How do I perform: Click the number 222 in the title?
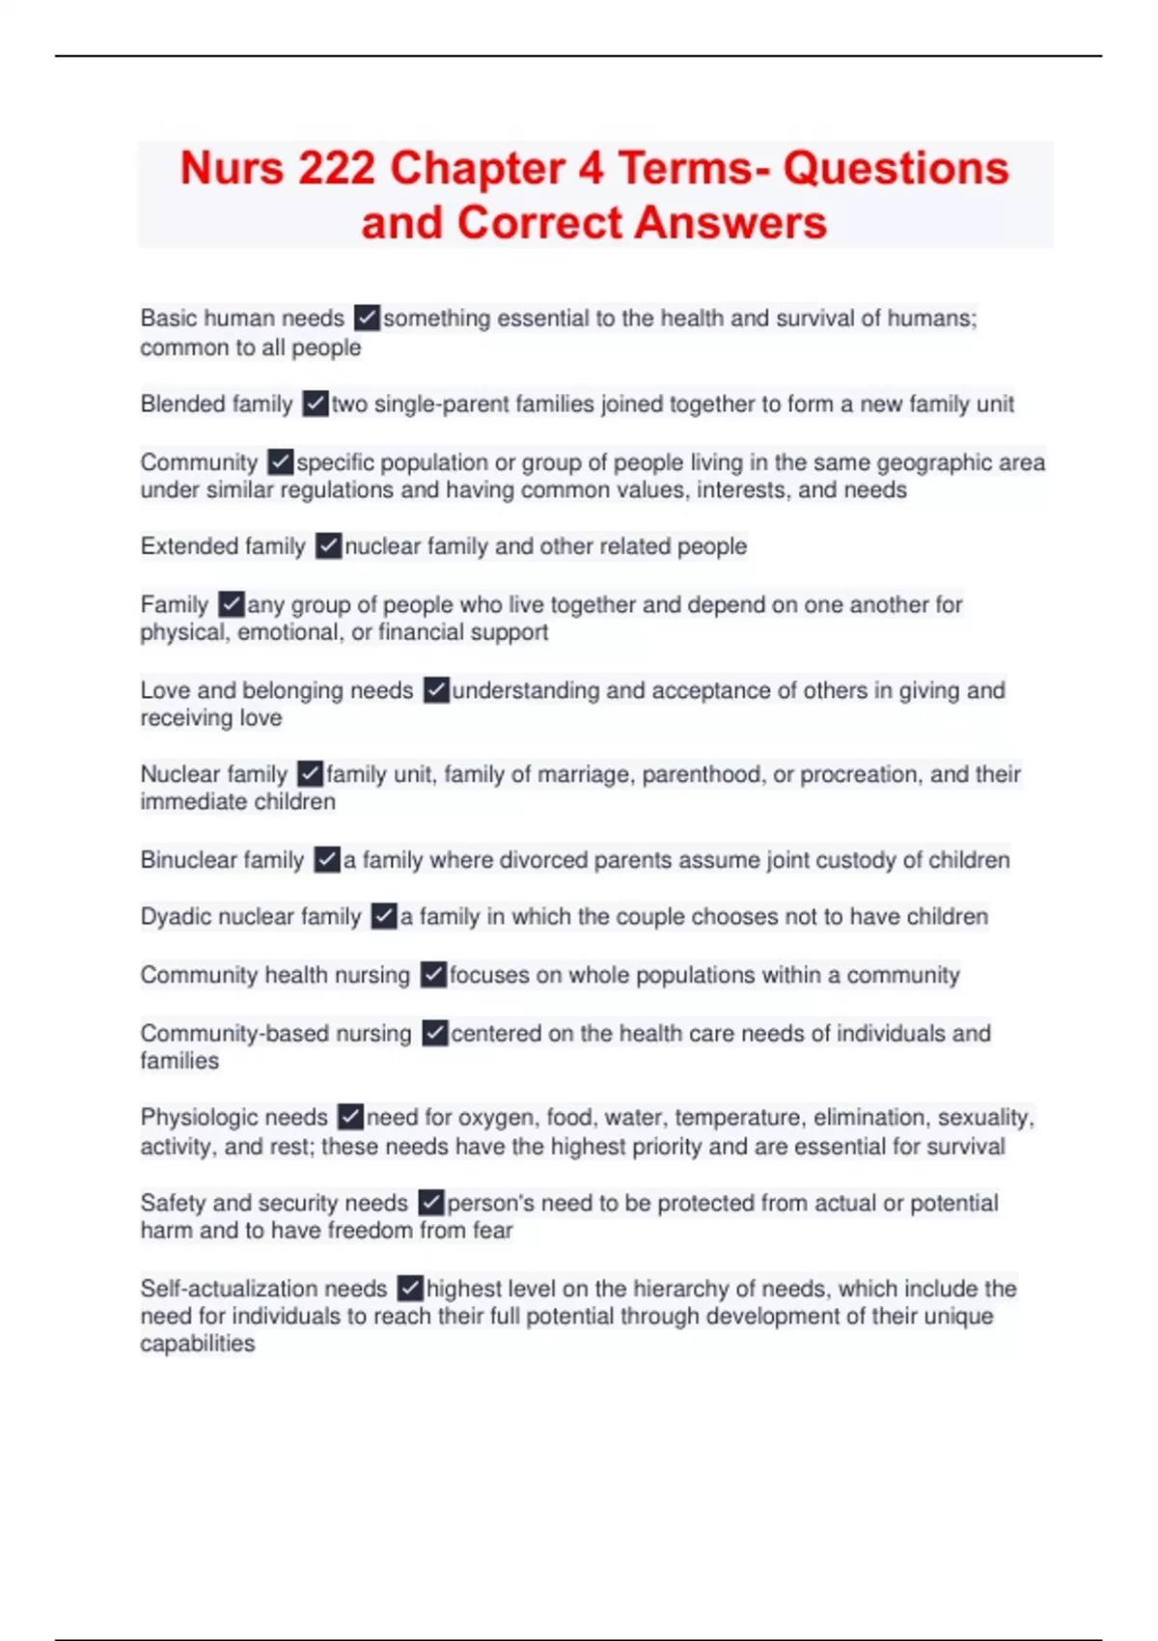coord(336,169)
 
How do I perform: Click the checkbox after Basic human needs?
coord(367,318)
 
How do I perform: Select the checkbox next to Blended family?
coord(315,403)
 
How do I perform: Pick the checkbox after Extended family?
coord(328,546)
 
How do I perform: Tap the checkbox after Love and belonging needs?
coord(436,690)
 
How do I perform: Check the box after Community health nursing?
coord(433,975)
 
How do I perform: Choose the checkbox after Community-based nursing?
coord(435,1033)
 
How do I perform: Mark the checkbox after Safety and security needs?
coord(430,1203)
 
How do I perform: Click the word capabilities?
coord(197,1344)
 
